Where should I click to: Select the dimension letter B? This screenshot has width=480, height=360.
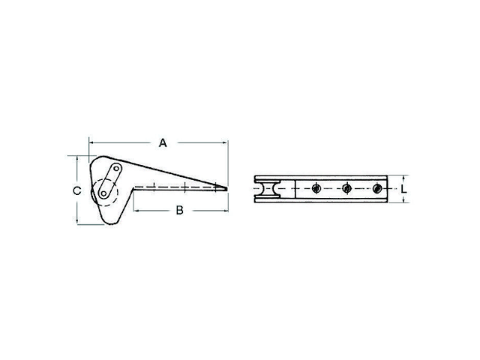click(179, 211)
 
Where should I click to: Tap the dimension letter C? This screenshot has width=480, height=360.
click(76, 190)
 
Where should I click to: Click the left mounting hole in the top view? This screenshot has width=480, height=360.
click(317, 189)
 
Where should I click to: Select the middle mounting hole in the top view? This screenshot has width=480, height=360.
click(346, 189)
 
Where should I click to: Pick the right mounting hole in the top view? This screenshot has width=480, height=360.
click(377, 189)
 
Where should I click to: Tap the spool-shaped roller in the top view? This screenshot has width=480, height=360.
click(266, 190)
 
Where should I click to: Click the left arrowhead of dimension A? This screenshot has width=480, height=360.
click(91, 142)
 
